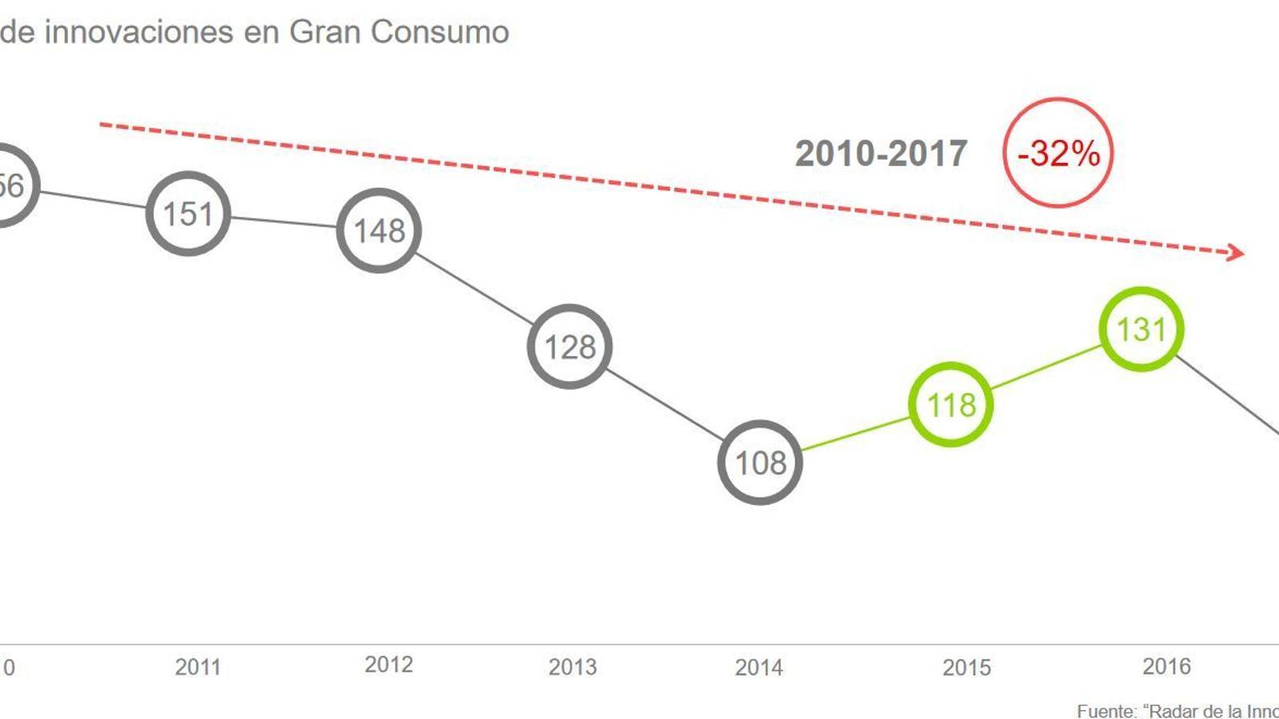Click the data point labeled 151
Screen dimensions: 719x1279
[x=188, y=214]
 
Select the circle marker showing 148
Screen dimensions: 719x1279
[x=379, y=231]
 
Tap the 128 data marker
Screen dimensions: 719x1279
[x=569, y=347]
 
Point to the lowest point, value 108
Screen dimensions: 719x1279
[x=759, y=463]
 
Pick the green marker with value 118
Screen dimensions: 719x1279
[x=951, y=405]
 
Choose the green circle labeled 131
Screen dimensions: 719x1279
[x=1141, y=329]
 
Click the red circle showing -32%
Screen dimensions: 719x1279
[x=1058, y=153]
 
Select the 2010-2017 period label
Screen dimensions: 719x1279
[x=881, y=153]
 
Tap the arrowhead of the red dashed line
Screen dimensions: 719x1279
[x=1237, y=252]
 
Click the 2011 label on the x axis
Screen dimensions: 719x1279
[x=197, y=667]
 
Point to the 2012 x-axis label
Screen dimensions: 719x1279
[x=388, y=665]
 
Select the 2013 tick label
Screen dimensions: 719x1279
[x=572, y=667]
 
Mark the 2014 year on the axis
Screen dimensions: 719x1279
[x=759, y=667]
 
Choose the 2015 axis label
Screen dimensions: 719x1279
[x=966, y=667]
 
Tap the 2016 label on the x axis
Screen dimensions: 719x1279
[x=1166, y=666]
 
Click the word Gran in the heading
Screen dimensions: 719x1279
[x=325, y=32]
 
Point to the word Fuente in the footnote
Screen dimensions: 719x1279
[x=1106, y=711]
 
